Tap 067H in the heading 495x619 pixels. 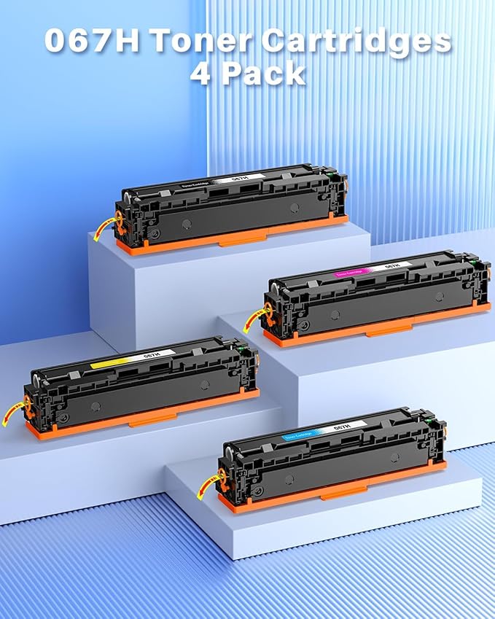[x=90, y=42]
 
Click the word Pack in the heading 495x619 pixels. [x=262, y=74]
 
